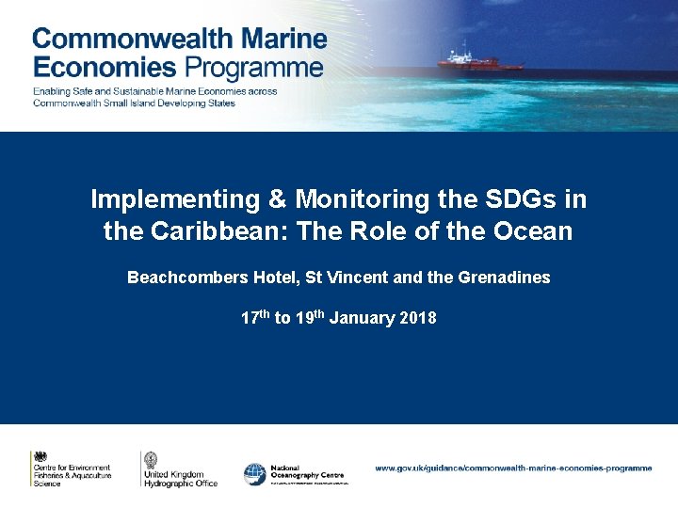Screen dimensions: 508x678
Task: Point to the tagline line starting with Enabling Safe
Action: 155,91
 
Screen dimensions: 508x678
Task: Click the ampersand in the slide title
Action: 276,199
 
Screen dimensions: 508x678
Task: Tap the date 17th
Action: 254,318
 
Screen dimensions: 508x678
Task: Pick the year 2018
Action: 418,318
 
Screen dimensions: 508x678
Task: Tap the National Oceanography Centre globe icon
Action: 254,474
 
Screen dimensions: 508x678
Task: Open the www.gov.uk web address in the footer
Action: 513,468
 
